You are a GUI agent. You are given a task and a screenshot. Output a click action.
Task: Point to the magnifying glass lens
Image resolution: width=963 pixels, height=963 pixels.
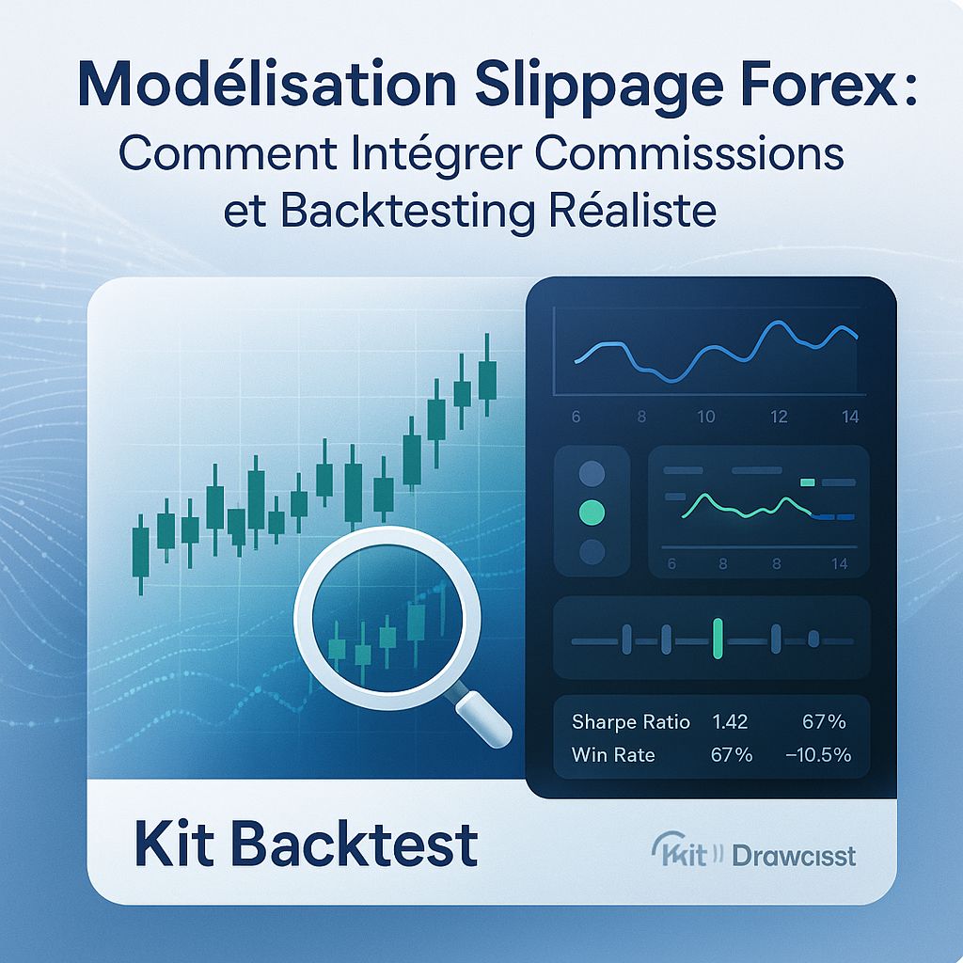[x=387, y=620]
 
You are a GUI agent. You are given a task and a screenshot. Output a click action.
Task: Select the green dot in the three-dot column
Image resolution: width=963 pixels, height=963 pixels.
[x=592, y=512]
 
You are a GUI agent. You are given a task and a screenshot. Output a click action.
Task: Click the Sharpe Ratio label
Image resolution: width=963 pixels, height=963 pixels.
[x=631, y=722]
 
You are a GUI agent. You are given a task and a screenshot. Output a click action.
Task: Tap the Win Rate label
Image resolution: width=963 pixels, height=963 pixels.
[x=613, y=755]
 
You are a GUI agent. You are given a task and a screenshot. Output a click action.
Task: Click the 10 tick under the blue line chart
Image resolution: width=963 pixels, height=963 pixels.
[x=705, y=417]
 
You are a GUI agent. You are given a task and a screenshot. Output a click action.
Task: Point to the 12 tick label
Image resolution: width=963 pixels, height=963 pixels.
[x=779, y=417]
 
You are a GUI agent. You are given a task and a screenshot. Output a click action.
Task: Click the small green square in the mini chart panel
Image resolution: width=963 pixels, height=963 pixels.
[x=807, y=482]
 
